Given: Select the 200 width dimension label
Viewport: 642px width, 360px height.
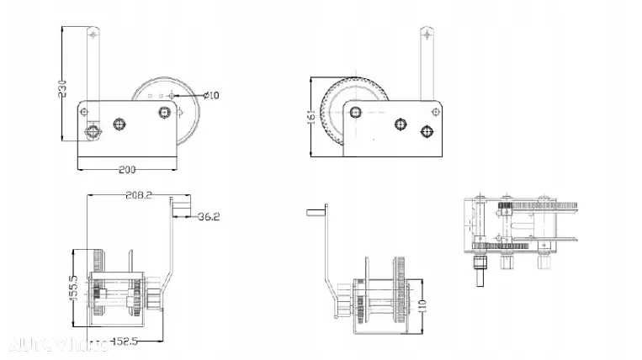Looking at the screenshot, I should coord(126,170).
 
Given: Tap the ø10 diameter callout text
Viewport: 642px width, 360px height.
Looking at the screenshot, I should coord(212,95).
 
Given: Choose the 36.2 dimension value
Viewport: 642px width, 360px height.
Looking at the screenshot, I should coord(209,217).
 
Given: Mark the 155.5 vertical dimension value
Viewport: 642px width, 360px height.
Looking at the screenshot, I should coord(73,288).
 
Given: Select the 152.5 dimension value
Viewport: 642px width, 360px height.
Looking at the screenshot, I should coord(125,341).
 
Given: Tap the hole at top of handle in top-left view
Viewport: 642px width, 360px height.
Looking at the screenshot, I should coord(93,36).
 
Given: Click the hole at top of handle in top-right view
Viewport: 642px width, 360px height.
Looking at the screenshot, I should coord(427,35).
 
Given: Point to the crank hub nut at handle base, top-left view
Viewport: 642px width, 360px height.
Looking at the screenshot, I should coord(93,130).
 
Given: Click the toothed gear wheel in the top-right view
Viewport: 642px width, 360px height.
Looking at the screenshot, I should coord(332,118).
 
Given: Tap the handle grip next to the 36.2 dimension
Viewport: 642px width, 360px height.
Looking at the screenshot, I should coord(182,208).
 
